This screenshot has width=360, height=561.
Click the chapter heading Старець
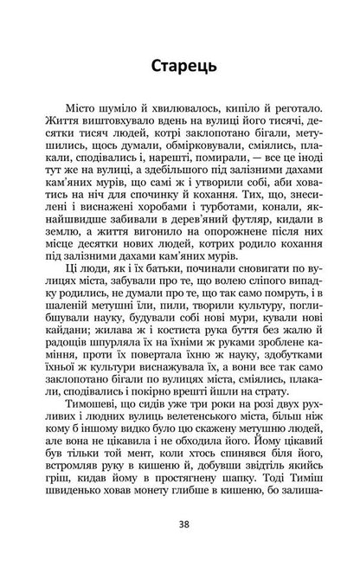tap(180, 66)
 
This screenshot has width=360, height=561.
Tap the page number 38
tap(180, 524)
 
